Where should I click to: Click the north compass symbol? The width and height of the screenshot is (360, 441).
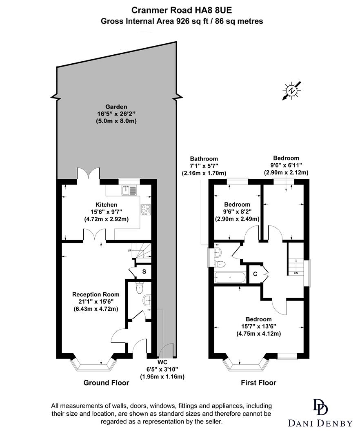(x=291, y=91)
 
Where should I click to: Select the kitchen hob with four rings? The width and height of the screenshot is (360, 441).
(x=145, y=209)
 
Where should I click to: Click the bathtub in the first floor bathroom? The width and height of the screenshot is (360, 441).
(x=230, y=278)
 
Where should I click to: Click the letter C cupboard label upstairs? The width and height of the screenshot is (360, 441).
(x=255, y=274)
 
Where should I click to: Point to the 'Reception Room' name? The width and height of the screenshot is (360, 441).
(x=96, y=294)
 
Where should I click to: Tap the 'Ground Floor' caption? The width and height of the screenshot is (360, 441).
(x=106, y=383)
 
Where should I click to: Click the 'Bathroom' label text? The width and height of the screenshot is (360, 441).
(x=204, y=158)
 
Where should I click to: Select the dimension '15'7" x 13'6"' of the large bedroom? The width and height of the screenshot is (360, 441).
(x=258, y=326)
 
